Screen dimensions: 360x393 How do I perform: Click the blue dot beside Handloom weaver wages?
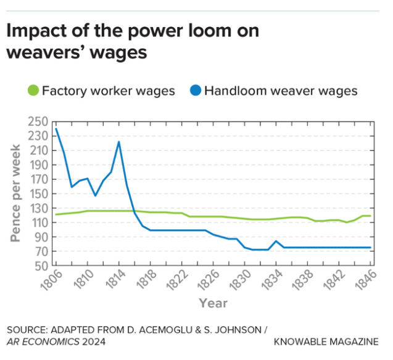coord(196,91)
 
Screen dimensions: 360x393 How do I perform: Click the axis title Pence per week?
coord(16,193)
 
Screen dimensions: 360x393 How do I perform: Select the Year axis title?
coord(213,303)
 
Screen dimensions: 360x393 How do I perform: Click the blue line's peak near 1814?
coord(118,142)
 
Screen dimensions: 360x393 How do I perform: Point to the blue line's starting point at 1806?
coord(56,129)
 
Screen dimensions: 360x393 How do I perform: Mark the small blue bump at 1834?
coord(276,241)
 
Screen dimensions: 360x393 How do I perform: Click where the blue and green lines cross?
coord(134,211)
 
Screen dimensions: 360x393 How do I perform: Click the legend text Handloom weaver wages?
coord(281,91)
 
